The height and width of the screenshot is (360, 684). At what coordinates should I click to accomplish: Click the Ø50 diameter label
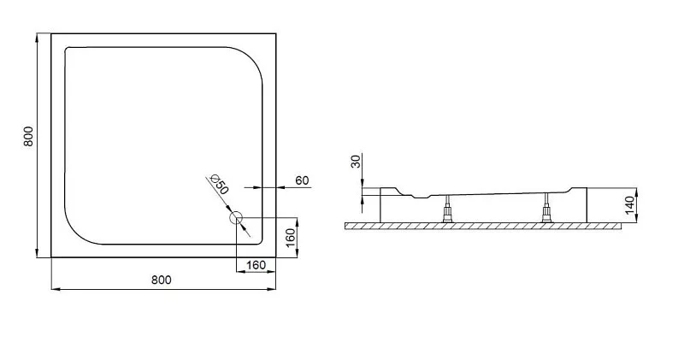pyautogui.click(x=220, y=185)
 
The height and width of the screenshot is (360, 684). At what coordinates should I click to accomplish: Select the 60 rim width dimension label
pyautogui.click(x=302, y=180)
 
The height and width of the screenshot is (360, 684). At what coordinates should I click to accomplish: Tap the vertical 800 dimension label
pyautogui.click(x=28, y=136)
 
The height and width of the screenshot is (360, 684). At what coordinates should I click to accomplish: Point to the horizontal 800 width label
pyautogui.click(x=162, y=280)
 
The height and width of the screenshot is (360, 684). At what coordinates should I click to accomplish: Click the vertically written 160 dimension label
pyautogui.click(x=291, y=238)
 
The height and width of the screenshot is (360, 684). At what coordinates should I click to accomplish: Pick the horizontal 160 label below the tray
pyautogui.click(x=256, y=265)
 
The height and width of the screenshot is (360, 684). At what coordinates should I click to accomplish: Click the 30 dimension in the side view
pyautogui.click(x=357, y=162)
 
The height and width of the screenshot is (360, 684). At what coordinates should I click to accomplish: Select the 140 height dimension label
pyautogui.click(x=629, y=205)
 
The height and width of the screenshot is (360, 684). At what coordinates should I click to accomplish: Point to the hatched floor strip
pyautogui.click(x=483, y=226)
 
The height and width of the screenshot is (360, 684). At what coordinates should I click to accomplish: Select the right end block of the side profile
pyautogui.click(x=578, y=205)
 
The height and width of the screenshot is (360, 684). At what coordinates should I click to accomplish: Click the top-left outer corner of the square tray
pyautogui.click(x=51, y=33)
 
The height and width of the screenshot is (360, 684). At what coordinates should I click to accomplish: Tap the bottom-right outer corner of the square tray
pyautogui.click(x=275, y=257)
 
